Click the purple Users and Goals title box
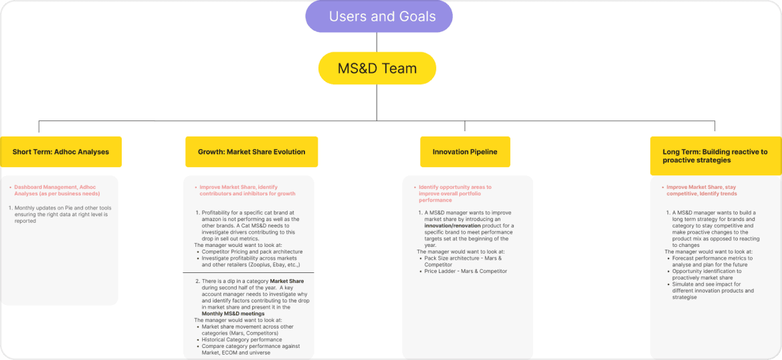click(x=379, y=17)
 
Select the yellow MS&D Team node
click(x=377, y=68)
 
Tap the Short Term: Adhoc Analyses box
click(x=61, y=152)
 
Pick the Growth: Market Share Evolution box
click(x=252, y=152)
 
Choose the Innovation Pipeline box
click(x=465, y=152)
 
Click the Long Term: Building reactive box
click(x=716, y=155)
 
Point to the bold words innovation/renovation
click(x=446, y=226)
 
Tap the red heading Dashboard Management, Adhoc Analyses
click(x=58, y=190)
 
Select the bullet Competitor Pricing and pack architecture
click(x=252, y=252)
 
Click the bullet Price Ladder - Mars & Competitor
click(x=466, y=271)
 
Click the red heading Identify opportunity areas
click(x=455, y=193)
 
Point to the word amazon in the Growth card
click(x=211, y=219)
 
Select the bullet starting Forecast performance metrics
click(x=712, y=261)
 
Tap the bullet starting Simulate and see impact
click(x=713, y=290)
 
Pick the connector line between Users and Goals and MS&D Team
click(x=377, y=42)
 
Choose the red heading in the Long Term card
click(x=702, y=190)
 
